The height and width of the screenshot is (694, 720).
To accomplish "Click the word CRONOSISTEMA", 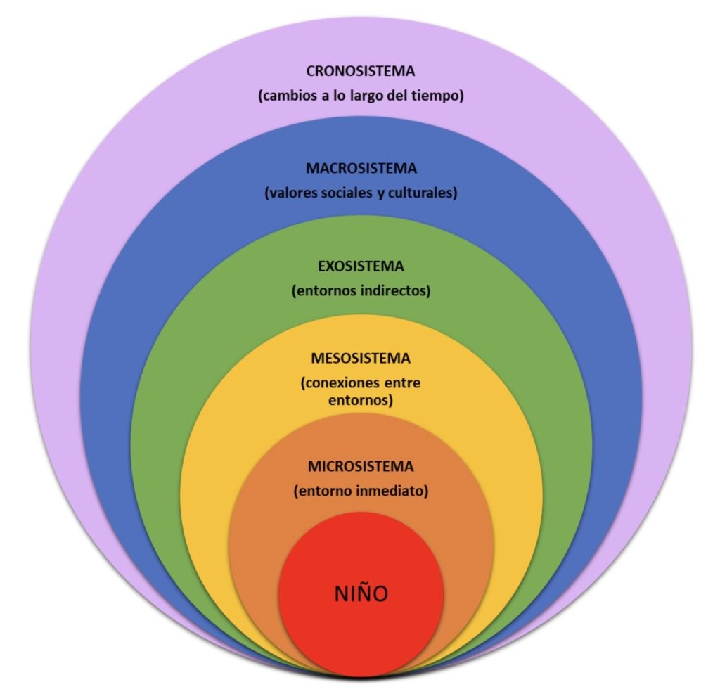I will tap(361, 71).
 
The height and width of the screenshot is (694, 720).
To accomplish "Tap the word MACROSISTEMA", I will tap(361, 169).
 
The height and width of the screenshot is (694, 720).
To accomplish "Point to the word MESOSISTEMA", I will tap(361, 359).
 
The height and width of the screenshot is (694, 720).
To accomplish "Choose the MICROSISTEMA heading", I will tap(361, 466).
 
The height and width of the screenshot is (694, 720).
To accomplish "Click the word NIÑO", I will tap(361, 593).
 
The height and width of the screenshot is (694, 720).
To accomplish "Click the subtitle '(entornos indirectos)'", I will tap(361, 291).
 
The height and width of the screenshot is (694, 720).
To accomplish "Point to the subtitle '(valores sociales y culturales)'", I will tap(361, 193).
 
